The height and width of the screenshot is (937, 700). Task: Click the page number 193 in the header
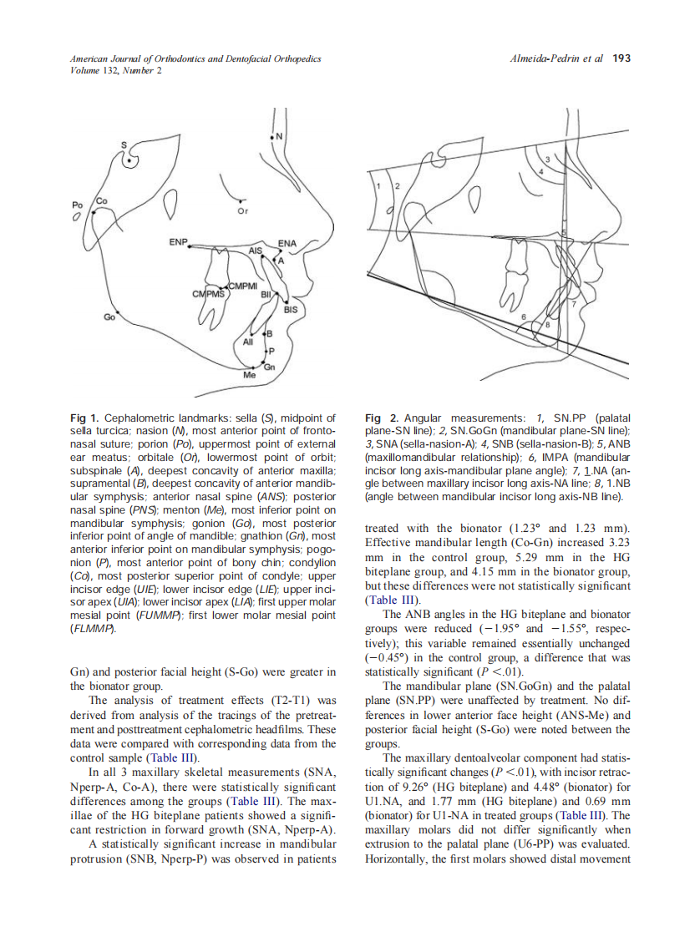click(x=621, y=58)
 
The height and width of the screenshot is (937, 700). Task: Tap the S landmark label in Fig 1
click(x=125, y=144)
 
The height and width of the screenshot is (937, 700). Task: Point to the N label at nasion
click(x=279, y=136)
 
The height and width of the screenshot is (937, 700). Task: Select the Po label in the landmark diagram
click(x=77, y=204)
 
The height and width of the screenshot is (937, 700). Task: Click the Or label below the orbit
click(x=243, y=211)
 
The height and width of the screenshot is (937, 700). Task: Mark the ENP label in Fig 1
click(x=178, y=242)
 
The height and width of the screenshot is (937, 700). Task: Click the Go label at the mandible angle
click(x=109, y=317)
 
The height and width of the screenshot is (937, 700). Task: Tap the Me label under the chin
click(x=249, y=377)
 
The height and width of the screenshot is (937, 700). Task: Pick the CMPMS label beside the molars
click(x=208, y=294)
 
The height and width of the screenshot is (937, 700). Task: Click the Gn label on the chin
click(x=270, y=367)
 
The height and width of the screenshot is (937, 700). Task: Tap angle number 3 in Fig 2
click(x=548, y=159)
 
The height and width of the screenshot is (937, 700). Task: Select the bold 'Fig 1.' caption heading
click(x=85, y=417)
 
